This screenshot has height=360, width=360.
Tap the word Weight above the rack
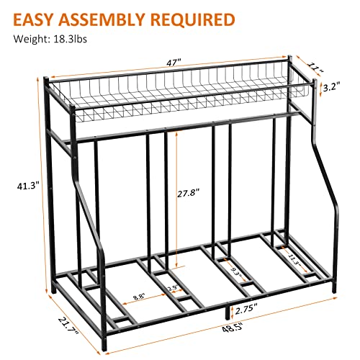(x=27, y=40)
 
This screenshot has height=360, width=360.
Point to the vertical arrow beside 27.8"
(x=176, y=194)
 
